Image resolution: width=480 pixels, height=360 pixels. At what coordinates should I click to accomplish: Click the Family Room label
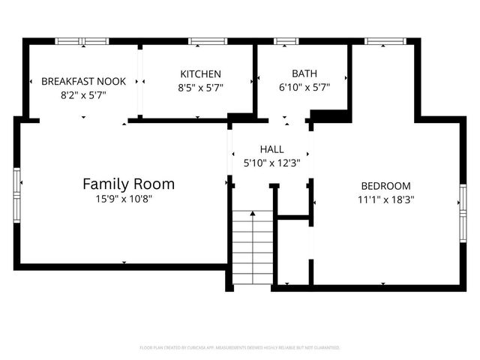[128, 184]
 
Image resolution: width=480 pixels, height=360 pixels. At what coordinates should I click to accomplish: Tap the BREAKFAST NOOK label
[83, 81]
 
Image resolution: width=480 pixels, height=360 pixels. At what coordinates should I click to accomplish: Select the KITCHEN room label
[200, 73]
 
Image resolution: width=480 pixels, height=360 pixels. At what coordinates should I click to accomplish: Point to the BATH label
[304, 73]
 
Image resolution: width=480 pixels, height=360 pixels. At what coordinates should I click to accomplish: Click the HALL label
[271, 149]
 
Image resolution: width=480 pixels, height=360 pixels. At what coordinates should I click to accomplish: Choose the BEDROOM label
[385, 186]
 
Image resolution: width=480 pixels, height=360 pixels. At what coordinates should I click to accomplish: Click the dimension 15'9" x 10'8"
[128, 199]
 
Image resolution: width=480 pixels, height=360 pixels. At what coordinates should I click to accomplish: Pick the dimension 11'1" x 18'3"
[385, 199]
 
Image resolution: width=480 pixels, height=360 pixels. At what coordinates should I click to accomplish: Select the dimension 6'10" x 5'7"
[304, 87]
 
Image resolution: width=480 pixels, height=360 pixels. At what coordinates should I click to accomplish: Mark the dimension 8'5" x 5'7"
[200, 87]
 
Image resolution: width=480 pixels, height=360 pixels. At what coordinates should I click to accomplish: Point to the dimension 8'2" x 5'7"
[83, 95]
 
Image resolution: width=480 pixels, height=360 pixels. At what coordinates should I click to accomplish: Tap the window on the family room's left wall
[17, 193]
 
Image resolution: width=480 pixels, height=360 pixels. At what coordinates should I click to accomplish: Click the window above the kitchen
[208, 40]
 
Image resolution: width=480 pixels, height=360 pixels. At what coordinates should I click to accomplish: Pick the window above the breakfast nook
[82, 40]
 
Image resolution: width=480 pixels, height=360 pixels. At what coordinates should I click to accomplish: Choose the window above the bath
[286, 40]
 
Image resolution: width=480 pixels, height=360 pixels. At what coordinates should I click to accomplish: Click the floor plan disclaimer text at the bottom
[240, 348]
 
